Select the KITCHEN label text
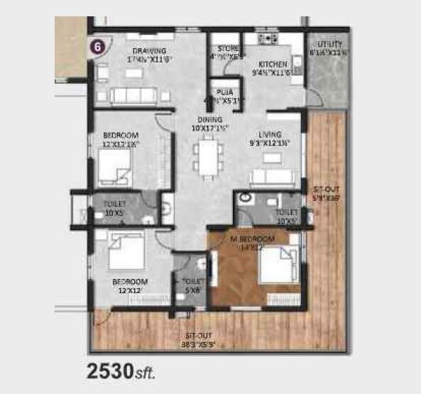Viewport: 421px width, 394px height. click(273, 67)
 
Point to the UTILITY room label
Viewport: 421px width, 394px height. click(328, 48)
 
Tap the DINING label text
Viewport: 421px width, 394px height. click(210, 124)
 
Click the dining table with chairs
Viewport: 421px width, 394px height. click(208, 157)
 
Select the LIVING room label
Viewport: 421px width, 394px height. click(270, 138)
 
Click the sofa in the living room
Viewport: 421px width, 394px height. click(273, 177)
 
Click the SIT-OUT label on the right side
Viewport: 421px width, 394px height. click(327, 195)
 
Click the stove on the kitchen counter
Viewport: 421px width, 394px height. click(268, 38)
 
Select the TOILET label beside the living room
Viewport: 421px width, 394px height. click(286, 215)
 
